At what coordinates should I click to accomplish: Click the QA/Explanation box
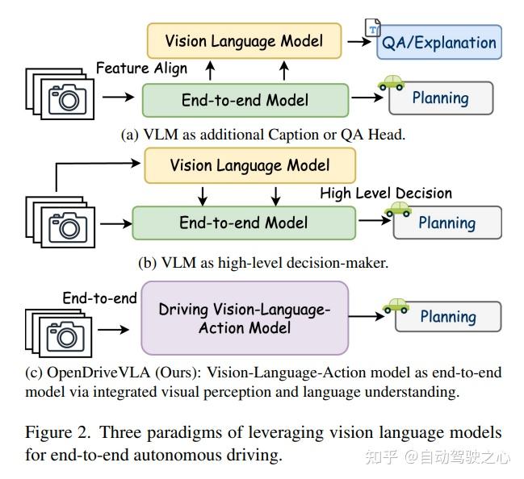pyautogui.click(x=439, y=42)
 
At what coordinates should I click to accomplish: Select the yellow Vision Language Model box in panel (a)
pyautogui.click(x=244, y=40)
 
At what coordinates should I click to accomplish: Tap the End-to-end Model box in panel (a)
pyautogui.click(x=245, y=100)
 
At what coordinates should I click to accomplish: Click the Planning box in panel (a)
pyautogui.click(x=440, y=98)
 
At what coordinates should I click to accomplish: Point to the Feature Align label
pyautogui.click(x=141, y=68)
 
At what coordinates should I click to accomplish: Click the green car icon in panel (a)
pyautogui.click(x=392, y=82)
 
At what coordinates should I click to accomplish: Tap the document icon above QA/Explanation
pyautogui.click(x=373, y=27)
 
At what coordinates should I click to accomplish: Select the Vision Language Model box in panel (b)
pyautogui.click(x=249, y=165)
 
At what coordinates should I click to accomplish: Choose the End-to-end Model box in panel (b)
pyautogui.click(x=243, y=223)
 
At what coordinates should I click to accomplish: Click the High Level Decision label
pyautogui.click(x=386, y=193)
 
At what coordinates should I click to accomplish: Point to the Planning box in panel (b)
pyautogui.click(x=447, y=223)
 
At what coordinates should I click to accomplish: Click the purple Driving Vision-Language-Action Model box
pyautogui.click(x=245, y=319)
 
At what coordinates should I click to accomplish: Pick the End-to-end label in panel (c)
pyautogui.click(x=99, y=298)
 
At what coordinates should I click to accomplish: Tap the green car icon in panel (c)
pyautogui.click(x=395, y=305)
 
